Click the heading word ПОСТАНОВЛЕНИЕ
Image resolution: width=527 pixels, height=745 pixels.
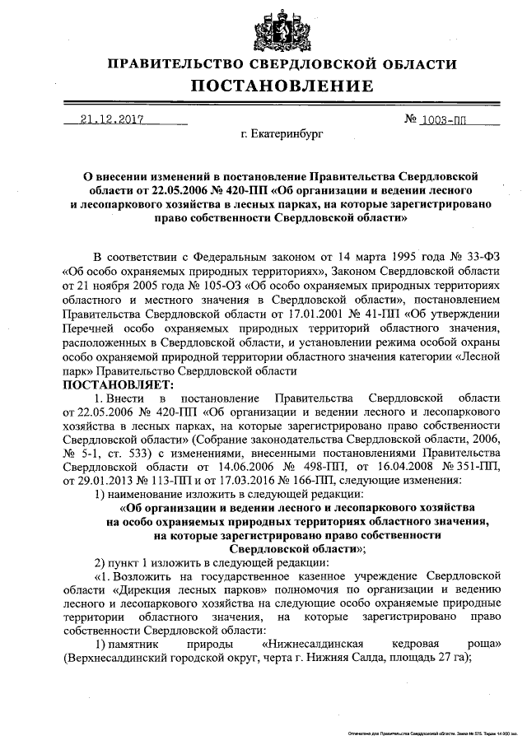tap(282, 86)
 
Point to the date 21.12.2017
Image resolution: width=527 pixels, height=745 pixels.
tap(113, 119)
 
